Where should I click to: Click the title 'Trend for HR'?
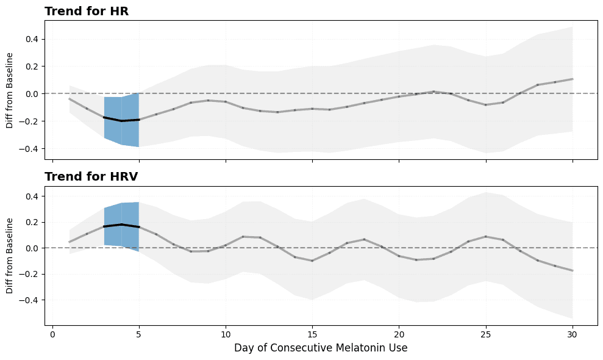coord(87,11)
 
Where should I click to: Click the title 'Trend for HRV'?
coord(91,177)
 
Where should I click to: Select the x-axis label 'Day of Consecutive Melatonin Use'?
coord(321,348)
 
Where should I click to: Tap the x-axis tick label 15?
coord(312,334)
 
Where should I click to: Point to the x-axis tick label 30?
coord(573,334)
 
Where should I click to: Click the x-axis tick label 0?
coord(52,334)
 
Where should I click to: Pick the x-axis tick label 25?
coord(486,334)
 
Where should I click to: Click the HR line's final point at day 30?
coord(573,79)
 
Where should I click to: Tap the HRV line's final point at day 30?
coord(573,270)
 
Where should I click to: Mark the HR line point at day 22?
coord(434,92)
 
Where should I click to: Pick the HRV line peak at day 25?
coord(486,236)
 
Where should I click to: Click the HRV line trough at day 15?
coord(312,261)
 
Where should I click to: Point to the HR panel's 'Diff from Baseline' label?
coord(10,90)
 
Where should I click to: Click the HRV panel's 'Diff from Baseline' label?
coord(10,256)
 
